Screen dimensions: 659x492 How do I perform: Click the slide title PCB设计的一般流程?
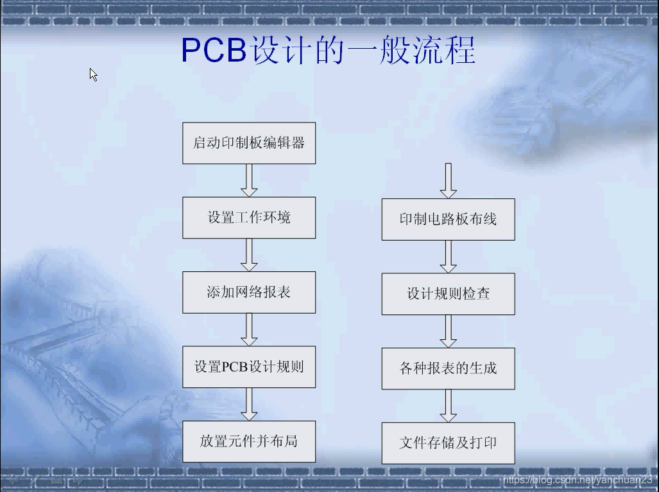coord(329,51)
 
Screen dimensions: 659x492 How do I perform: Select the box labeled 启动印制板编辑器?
coord(249,143)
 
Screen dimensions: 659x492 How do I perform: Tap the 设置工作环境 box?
coord(249,217)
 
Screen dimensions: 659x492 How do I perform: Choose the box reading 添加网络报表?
coord(249,293)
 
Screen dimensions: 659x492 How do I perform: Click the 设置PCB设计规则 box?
coord(249,367)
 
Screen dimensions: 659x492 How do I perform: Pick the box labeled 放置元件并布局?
coord(249,441)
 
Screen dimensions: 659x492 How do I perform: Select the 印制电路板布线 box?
coord(448,219)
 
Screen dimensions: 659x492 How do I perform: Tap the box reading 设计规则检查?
coord(448,294)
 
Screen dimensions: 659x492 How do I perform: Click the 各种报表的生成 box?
coord(448,368)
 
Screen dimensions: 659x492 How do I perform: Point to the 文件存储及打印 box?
coord(448,443)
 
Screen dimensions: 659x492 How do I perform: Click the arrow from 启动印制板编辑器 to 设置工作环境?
coord(249,180)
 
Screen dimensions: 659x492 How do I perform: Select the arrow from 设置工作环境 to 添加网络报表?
coord(249,255)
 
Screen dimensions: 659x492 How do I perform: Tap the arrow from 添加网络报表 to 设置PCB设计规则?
coord(249,330)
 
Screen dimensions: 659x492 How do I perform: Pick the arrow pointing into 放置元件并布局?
coord(249,404)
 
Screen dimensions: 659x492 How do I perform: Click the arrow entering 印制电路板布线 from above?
coord(448,181)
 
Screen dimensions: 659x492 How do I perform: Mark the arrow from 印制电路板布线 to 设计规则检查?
coord(448,257)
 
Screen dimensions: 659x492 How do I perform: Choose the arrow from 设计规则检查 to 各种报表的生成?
coord(448,331)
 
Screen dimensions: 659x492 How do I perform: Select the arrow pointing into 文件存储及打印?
coord(448,405)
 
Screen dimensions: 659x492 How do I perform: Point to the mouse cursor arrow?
coord(93,74)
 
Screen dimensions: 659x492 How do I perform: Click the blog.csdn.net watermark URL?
coord(578,480)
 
